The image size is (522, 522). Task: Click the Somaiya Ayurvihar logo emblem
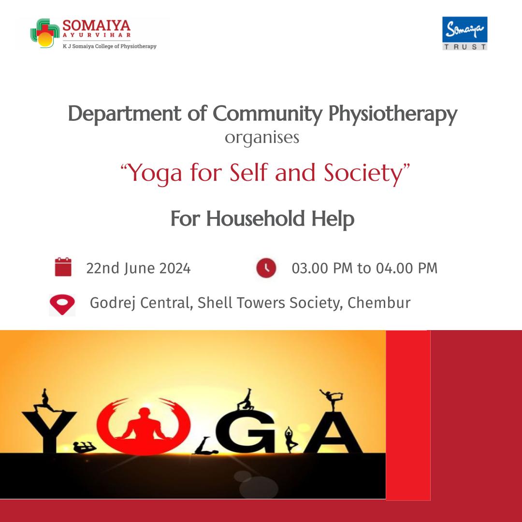[45, 33]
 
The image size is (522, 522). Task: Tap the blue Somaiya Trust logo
[465, 33]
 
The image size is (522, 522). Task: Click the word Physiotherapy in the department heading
[393, 114]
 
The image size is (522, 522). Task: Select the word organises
[262, 138]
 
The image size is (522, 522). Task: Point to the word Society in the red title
[363, 174]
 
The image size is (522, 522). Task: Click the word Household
[255, 219]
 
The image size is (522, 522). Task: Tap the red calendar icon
[63, 267]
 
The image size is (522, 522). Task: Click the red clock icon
[266, 268]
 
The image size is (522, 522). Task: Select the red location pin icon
[62, 304]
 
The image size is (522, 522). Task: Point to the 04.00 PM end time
[407, 268]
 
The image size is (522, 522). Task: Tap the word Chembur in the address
[379, 303]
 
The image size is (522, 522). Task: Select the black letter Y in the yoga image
[49, 432]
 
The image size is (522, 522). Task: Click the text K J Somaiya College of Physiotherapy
[110, 46]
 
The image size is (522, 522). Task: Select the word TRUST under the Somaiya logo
[465, 46]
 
